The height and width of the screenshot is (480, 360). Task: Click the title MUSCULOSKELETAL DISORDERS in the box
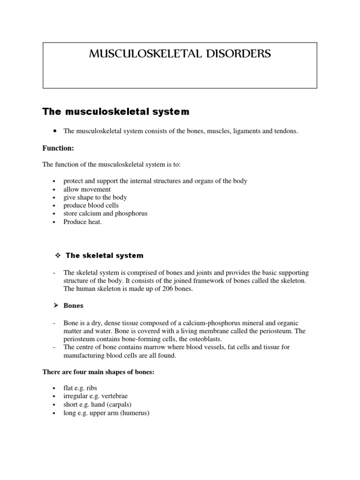pos(180,54)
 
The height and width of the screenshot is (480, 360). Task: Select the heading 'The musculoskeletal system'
pos(116,112)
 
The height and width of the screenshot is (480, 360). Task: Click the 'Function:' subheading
pos(58,148)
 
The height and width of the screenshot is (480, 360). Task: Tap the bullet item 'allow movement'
pos(87,189)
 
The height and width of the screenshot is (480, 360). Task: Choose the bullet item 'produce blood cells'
pos(91,205)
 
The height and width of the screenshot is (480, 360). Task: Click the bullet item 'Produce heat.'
pos(82,222)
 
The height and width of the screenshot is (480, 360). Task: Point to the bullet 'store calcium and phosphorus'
pos(105,213)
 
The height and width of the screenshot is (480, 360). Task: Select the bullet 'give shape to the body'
pos(95,197)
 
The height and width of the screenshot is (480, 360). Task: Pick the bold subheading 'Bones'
pos(74,306)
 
